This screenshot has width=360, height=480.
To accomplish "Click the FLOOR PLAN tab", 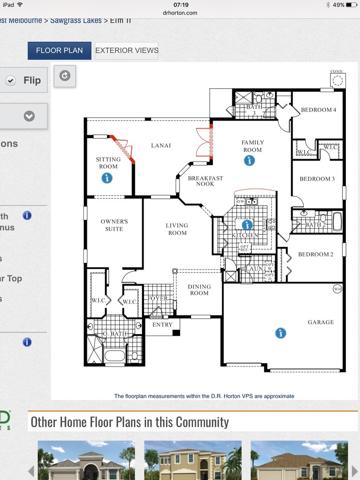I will click(x=59, y=50).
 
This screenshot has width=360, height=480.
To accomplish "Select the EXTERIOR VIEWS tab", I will click(x=127, y=50).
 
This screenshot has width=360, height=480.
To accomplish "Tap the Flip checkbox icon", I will click(x=11, y=80).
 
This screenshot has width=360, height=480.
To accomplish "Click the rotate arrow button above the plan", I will click(x=65, y=76).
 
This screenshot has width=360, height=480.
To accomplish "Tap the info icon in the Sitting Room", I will click(x=107, y=178).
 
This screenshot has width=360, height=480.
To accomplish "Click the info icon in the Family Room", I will click(x=249, y=160).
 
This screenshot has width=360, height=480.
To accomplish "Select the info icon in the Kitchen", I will click(x=247, y=224).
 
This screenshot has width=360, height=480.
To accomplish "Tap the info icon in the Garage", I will click(x=280, y=333).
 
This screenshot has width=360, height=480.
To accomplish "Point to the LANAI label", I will click(x=161, y=145).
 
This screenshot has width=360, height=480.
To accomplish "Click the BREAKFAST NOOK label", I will click(x=206, y=181).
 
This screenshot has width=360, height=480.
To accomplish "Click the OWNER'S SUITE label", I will click(x=115, y=225).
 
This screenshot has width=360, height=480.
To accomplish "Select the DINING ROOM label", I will click(x=199, y=290).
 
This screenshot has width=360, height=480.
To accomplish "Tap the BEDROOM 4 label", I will click(x=318, y=110).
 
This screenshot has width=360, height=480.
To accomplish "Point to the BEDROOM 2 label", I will click(x=315, y=255).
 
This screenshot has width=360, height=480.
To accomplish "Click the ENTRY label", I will click(x=163, y=325).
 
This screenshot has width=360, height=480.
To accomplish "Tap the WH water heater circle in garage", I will click(x=338, y=289).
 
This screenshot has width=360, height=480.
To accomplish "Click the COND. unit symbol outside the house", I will click(x=337, y=79).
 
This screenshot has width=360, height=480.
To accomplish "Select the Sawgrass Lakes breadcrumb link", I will click(x=76, y=20).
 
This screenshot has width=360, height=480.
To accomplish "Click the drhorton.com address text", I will click(x=180, y=13).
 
